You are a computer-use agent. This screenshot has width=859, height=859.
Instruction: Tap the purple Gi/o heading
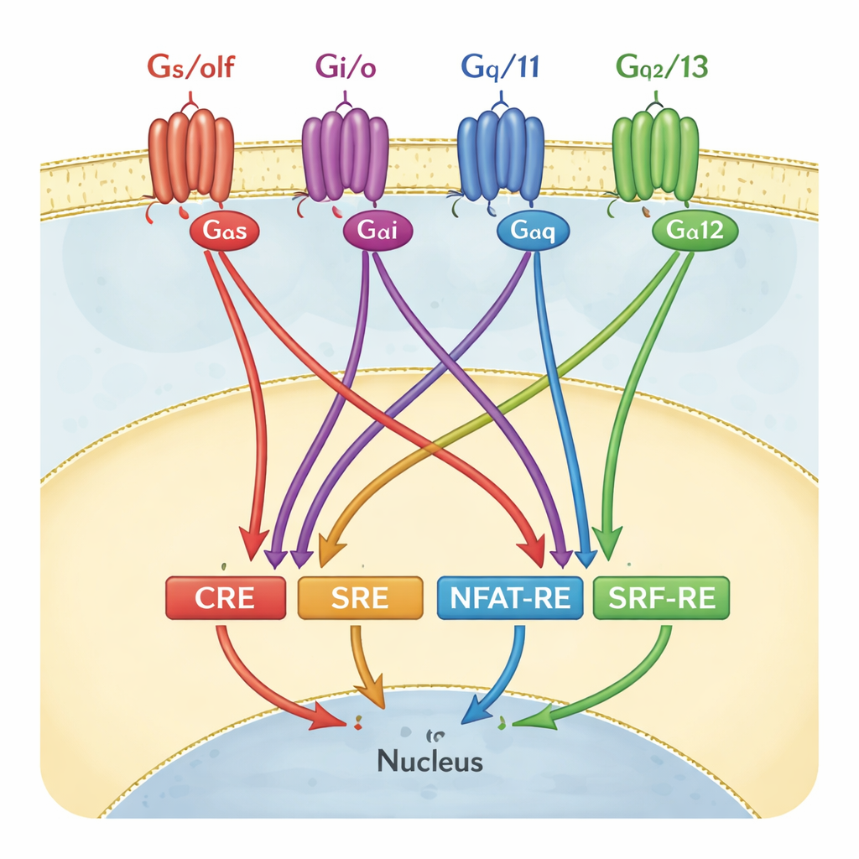[x=346, y=66]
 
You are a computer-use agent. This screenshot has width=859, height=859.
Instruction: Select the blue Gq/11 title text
[x=501, y=66]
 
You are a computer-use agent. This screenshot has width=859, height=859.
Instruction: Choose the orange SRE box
[x=360, y=598]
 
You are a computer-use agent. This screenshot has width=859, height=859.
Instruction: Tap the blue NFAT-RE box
[x=510, y=598]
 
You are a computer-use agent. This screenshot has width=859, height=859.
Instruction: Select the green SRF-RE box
[x=661, y=598]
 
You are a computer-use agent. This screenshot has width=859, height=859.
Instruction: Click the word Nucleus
[x=429, y=762]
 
